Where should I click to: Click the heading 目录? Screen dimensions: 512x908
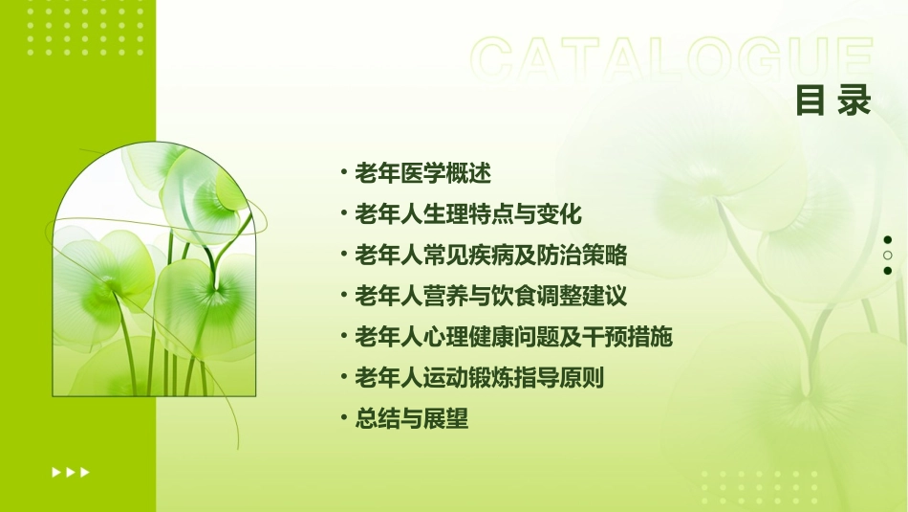[833, 101]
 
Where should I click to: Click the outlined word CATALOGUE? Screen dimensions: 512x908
[672, 59]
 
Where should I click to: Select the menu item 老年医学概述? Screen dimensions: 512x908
[422, 173]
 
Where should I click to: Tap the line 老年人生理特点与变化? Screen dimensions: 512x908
[468, 213]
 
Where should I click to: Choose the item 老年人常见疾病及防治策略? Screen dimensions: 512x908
[491, 255]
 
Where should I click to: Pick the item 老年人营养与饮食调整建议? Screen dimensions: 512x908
[491, 296]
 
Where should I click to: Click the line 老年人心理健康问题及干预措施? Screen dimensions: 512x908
[514, 337]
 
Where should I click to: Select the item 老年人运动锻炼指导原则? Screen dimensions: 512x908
[480, 378]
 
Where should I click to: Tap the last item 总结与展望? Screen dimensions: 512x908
[411, 418]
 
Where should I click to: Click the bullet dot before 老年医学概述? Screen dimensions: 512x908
[343, 173]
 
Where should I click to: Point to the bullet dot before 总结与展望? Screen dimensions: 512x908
[343, 418]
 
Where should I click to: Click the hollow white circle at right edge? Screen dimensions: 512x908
[888, 256]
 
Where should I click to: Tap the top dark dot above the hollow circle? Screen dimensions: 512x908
[888, 240]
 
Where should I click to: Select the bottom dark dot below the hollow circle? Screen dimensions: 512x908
[888, 271]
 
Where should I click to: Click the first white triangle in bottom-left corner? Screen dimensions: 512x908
[56, 472]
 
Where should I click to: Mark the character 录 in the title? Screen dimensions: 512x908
[854, 101]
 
